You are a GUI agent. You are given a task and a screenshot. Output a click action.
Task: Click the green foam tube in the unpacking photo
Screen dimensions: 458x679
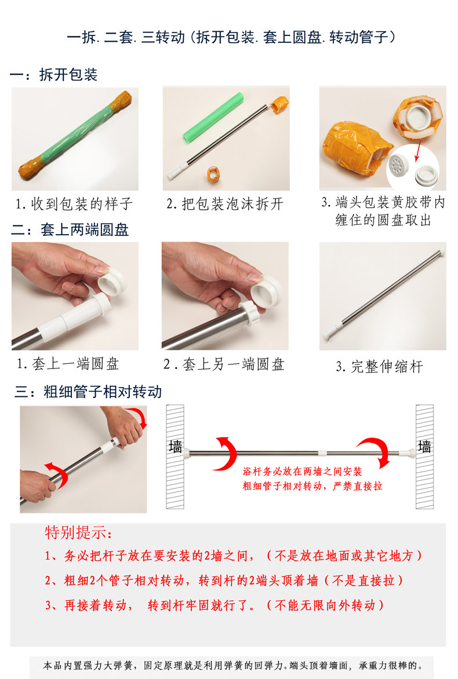pos(213,118)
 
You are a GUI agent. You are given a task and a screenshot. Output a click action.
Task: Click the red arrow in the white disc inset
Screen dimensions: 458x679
pos(419,151)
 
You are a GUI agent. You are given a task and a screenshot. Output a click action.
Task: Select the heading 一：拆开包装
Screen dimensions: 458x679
pos(53,75)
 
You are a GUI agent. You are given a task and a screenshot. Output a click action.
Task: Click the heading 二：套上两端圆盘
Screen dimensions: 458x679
pos(70,229)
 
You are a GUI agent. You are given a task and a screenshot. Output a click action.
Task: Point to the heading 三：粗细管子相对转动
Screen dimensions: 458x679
pos(88,392)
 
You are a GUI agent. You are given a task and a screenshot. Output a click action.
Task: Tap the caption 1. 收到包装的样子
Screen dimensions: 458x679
pos(74,203)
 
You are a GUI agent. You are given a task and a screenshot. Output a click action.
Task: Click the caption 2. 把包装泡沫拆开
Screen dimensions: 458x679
pos(225,203)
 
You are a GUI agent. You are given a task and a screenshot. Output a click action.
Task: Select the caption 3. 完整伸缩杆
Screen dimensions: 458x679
pos(379,366)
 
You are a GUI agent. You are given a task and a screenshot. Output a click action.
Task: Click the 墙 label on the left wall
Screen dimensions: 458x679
pos(176,447)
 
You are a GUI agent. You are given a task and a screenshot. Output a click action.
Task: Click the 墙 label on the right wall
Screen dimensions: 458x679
pos(424,447)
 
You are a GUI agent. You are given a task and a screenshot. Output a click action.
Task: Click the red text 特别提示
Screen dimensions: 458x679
pos(78,532)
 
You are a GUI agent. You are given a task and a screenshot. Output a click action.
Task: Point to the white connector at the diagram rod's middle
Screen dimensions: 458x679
pos(322,453)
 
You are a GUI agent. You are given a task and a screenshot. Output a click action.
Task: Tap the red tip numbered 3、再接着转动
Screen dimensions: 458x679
pos(215,605)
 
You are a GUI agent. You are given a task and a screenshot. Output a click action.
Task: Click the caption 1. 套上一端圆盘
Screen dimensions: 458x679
pos(68,364)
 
